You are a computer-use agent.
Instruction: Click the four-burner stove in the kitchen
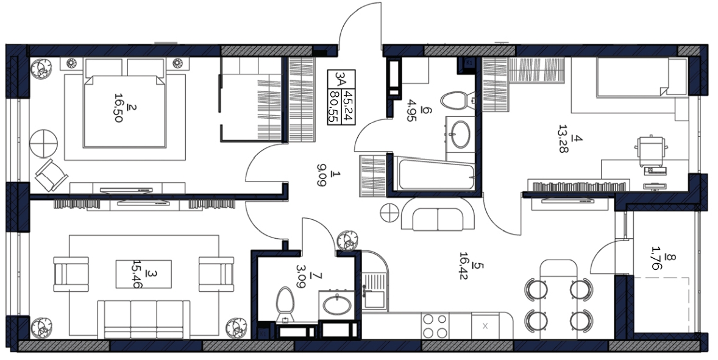[435, 326]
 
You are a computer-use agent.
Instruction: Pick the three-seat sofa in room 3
[144, 319]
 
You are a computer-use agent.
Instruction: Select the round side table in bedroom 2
[43, 144]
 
